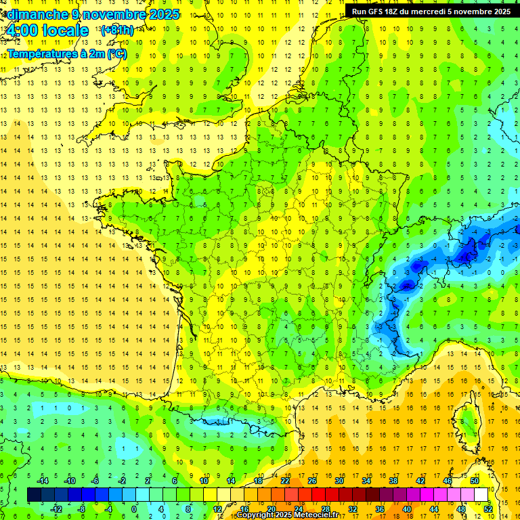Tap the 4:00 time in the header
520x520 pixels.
(x=20, y=30)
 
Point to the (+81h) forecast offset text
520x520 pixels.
(x=116, y=30)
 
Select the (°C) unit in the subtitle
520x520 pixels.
(x=115, y=53)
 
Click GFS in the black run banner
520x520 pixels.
(x=380, y=12)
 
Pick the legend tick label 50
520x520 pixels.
(x=474, y=481)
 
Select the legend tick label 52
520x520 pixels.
(x=488, y=508)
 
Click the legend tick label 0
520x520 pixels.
(x=134, y=508)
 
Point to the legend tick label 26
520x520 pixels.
(x=311, y=481)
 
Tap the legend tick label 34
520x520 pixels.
(x=366, y=481)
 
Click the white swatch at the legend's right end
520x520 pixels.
(x=481, y=495)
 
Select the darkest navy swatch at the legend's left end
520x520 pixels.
(x=34, y=495)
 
